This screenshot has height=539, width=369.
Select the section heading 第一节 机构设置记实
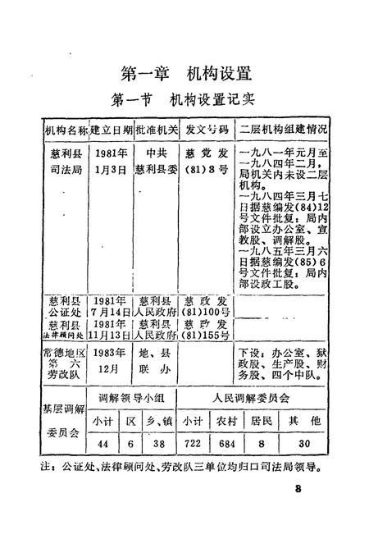tap(184, 102)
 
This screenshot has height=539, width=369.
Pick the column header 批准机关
tap(155, 130)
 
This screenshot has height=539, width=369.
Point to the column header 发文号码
tap(205, 130)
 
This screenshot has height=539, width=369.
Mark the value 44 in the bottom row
tap(102, 443)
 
